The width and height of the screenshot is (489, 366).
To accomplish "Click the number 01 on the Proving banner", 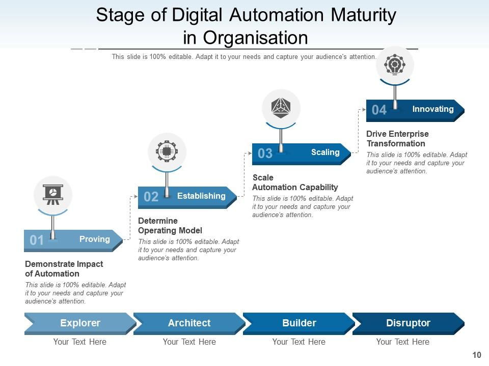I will pos(37,240).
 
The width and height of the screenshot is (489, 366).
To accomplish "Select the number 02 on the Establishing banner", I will pos(151,197).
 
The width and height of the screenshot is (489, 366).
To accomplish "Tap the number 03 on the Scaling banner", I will pos(265,154).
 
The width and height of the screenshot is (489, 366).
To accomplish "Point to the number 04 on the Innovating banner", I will pos(379,110).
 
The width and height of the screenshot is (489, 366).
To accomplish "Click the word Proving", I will pos(94,239).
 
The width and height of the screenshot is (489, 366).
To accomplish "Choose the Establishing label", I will pos(201,196).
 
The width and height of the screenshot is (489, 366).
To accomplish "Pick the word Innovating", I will pos(432,109).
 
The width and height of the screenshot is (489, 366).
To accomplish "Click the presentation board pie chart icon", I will pos(53,195).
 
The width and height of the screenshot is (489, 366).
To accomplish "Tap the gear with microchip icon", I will pos(167,151).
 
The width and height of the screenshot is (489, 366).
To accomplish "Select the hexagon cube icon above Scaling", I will pos(281,108).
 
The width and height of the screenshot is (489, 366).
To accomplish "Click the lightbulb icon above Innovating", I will pos(395,65).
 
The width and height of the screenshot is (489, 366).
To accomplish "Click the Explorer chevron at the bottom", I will pos(80,323).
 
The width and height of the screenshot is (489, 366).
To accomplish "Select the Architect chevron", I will pos(189,323).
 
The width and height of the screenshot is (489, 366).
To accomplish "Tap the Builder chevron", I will pos(299,323).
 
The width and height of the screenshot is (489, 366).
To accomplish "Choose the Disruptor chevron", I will pos(408,323).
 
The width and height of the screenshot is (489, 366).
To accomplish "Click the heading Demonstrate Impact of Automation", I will pos(64,269).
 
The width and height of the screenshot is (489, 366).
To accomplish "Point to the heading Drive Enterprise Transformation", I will pos(397,139).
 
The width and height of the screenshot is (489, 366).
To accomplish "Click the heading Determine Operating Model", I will pos(170,226).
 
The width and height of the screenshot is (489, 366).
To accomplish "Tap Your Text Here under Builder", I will pos(298,342).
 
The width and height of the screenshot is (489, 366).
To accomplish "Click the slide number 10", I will pos(477,355).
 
